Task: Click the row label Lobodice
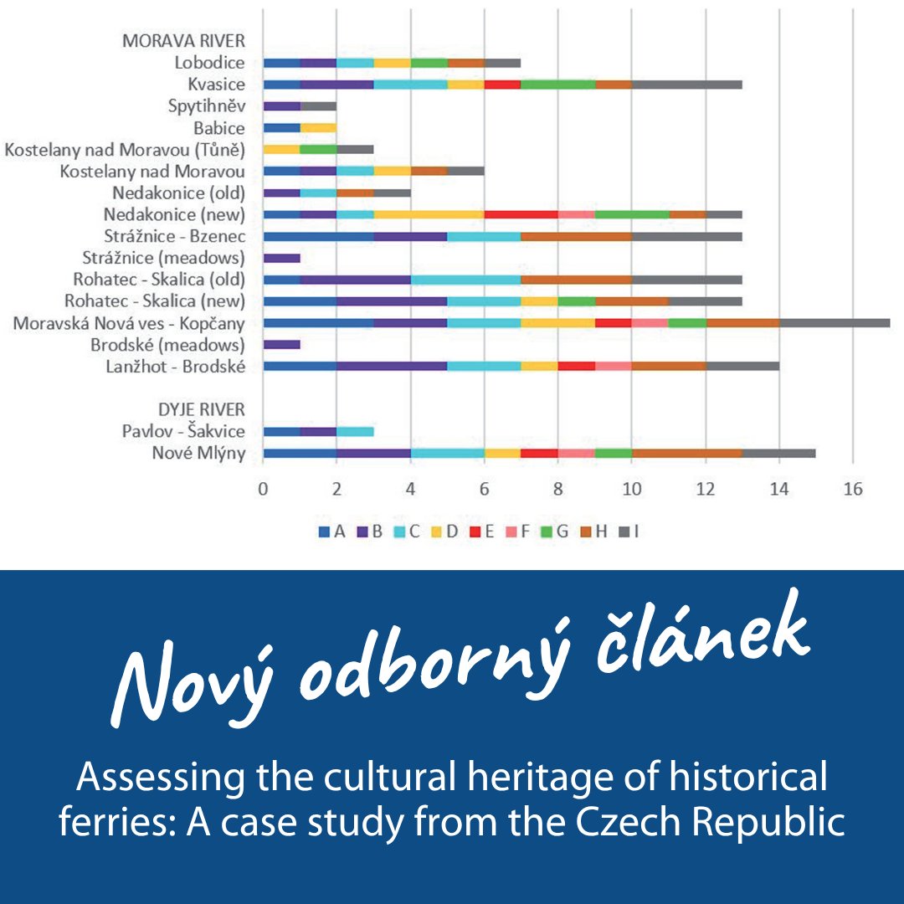(x=209, y=63)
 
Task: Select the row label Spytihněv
(x=206, y=106)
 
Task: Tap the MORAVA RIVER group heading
(x=183, y=41)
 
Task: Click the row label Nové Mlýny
(x=198, y=454)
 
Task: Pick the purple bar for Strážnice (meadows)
(x=281, y=258)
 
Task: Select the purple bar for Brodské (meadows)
(x=281, y=344)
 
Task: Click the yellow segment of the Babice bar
(x=318, y=128)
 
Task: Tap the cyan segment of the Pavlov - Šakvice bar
(x=355, y=431)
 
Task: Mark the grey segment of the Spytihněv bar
(x=318, y=106)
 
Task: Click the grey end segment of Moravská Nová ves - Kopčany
(x=835, y=323)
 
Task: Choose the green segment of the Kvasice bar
(x=557, y=85)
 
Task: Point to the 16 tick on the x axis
(x=852, y=490)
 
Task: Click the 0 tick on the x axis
(x=263, y=490)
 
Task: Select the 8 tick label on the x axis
(x=557, y=490)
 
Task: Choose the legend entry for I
(x=629, y=531)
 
